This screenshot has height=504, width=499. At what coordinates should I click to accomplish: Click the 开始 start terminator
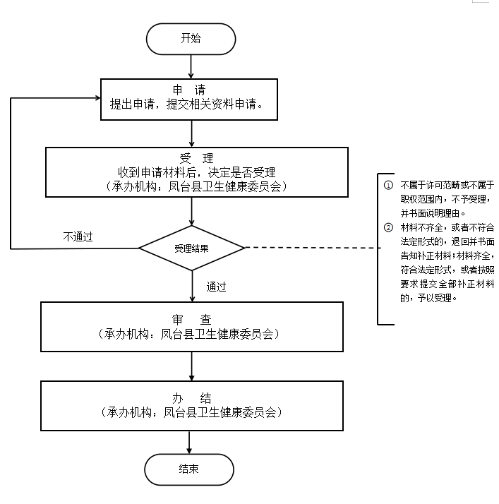click(191, 39)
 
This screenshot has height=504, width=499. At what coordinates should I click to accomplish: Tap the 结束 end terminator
click(189, 469)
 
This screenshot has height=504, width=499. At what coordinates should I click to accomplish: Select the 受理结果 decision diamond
click(191, 248)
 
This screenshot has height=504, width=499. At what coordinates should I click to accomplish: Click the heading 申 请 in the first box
click(191, 90)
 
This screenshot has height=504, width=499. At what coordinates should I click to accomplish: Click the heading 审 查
click(191, 319)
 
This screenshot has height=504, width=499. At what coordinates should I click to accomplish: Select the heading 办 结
click(191, 397)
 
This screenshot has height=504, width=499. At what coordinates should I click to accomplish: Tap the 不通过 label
click(78, 236)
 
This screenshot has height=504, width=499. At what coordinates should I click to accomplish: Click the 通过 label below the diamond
click(217, 287)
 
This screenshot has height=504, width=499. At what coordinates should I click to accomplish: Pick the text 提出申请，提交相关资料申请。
click(187, 104)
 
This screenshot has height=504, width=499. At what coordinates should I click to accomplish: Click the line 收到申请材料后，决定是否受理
click(196, 172)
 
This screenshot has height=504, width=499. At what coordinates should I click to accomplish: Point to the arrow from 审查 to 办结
click(191, 366)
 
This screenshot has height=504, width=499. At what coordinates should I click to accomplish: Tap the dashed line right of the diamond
click(311, 248)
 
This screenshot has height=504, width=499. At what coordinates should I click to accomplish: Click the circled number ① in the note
click(388, 185)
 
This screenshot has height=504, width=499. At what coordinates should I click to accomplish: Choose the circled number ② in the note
click(388, 227)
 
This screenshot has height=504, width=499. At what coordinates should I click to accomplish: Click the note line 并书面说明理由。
click(433, 212)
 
